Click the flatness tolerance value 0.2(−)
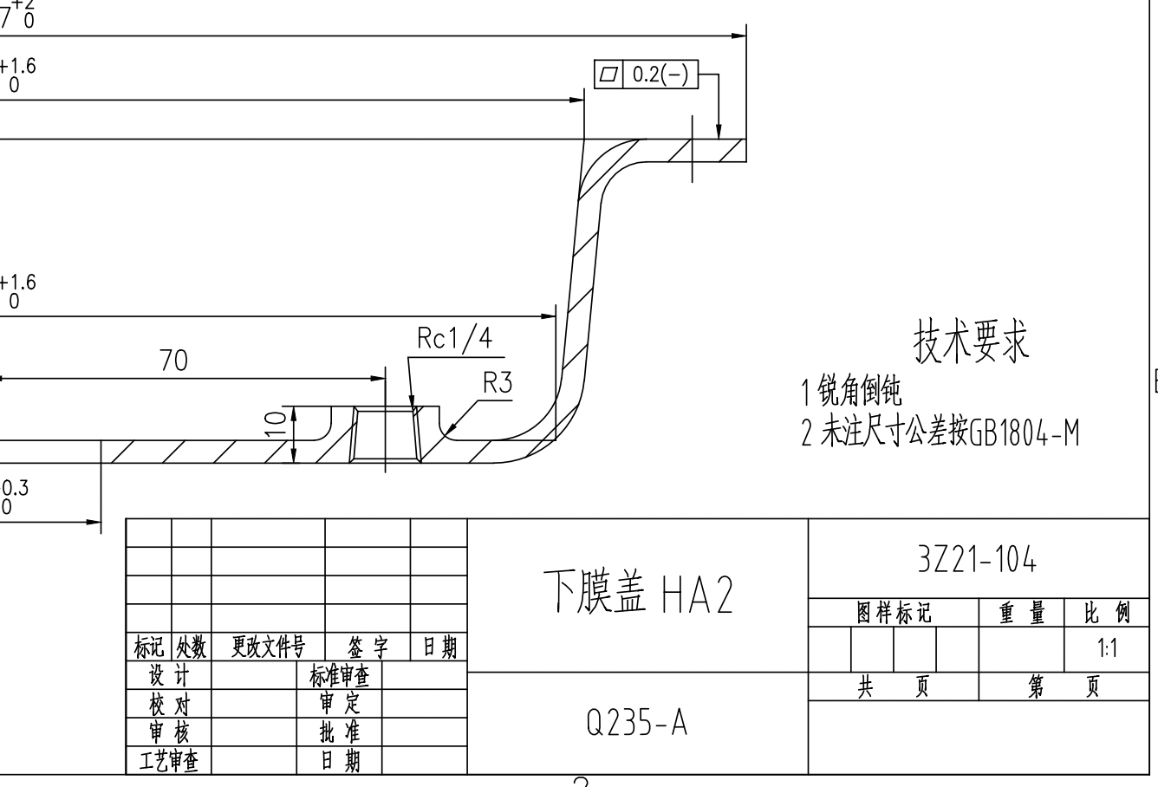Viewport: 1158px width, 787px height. pyautogui.click(x=660, y=75)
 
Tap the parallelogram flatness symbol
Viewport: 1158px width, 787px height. pyautogui.click(x=608, y=75)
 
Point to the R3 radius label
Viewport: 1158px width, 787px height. pyautogui.click(x=498, y=382)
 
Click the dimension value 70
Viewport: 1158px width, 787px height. pyautogui.click(x=173, y=361)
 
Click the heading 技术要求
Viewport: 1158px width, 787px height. pyautogui.click(x=971, y=341)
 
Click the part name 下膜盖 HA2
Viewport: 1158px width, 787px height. pyautogui.click(x=638, y=595)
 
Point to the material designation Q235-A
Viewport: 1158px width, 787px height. pyautogui.click(x=637, y=722)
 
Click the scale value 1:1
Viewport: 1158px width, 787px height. pyautogui.click(x=1106, y=648)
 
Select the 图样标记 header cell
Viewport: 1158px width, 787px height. pyautogui.click(x=894, y=614)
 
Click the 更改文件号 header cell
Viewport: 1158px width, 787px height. pyautogui.click(x=268, y=647)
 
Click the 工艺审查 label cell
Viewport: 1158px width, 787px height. pyautogui.click(x=169, y=762)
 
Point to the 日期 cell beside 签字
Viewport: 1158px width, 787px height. pyautogui.click(x=439, y=647)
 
